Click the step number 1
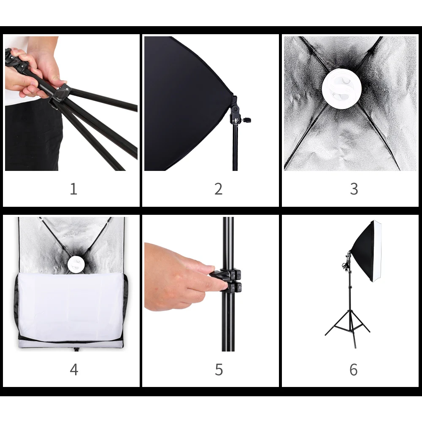tap(73, 189)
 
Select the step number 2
tap(218, 189)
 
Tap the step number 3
tap(354, 189)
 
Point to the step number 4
tap(74, 370)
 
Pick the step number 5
tap(219, 370)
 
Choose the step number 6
tap(353, 370)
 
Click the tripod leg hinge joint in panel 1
tap(61, 94)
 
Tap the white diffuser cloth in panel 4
tap(70, 307)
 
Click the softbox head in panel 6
tap(366, 251)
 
